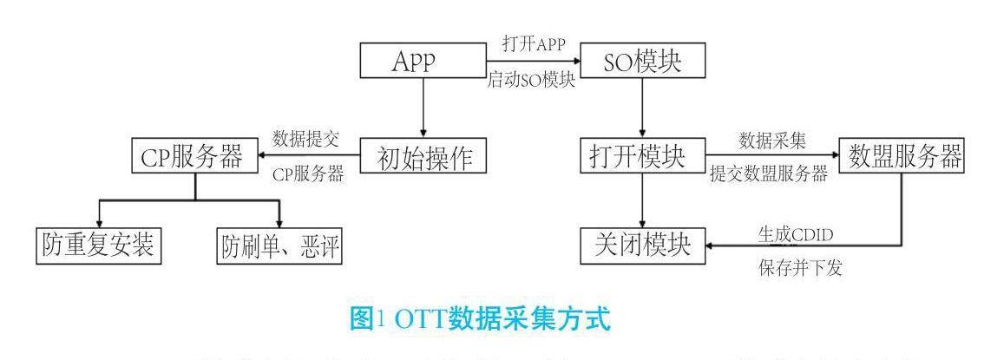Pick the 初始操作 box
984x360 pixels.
422,159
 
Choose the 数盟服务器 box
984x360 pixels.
903,158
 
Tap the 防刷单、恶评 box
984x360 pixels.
279,247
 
